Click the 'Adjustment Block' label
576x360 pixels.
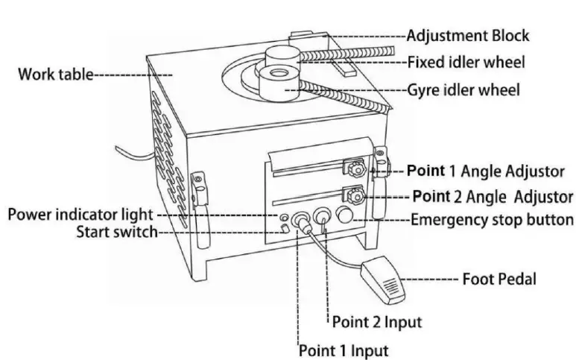click(467, 35)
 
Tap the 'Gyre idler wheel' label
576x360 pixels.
click(463, 90)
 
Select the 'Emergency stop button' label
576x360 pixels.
click(492, 220)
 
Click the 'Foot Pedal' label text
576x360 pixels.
click(499, 280)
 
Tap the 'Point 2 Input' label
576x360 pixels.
click(376, 322)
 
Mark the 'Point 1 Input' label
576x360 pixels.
click(344, 349)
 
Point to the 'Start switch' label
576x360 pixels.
click(117, 232)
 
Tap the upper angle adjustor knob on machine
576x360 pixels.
click(352, 169)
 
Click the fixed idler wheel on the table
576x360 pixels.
click(282, 57)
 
